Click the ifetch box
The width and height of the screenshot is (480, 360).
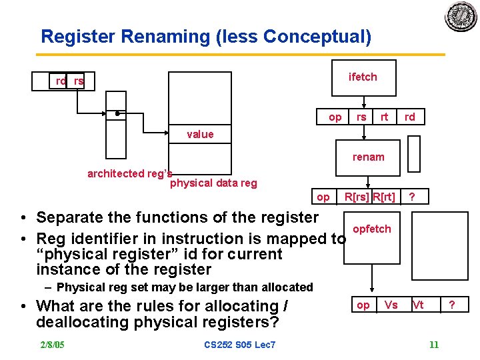click(x=363, y=77)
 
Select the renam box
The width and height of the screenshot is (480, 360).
click(x=368, y=157)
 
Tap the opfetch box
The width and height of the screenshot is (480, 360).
click(x=372, y=229)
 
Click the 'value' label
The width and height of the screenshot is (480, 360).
click(x=200, y=135)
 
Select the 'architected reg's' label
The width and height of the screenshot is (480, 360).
click(x=129, y=173)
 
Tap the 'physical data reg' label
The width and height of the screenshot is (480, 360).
click(x=213, y=183)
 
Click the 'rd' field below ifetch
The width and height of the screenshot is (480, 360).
click(x=409, y=117)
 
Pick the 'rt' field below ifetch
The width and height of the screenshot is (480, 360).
click(x=384, y=117)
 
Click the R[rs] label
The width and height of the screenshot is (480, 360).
click(x=357, y=197)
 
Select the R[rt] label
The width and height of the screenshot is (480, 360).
click(x=384, y=197)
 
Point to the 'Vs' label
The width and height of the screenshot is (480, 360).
click(x=391, y=305)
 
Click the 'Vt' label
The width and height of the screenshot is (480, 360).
click(x=418, y=305)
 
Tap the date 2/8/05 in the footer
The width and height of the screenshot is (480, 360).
click(x=53, y=345)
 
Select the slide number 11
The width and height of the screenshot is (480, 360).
click(x=434, y=345)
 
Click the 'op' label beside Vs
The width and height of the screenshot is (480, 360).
click(x=363, y=305)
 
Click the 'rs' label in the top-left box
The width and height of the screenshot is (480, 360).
click(x=79, y=81)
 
